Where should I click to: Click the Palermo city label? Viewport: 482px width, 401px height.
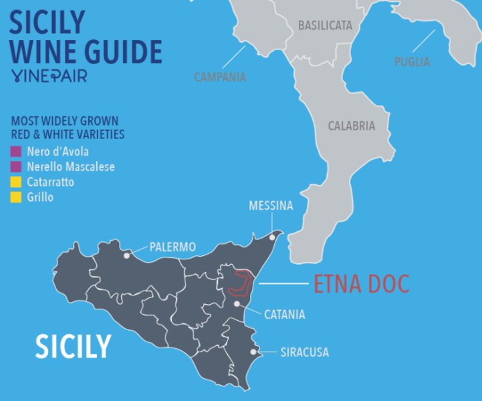click(172, 247)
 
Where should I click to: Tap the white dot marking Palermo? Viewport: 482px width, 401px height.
click(127, 255)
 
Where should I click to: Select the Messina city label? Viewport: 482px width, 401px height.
click(271, 205)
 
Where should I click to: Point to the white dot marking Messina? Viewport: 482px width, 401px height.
click(272, 236)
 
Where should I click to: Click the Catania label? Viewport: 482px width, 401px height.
click(285, 314)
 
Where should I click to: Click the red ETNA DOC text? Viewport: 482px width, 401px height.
click(361, 284)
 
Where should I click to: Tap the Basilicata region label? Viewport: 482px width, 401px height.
click(325, 25)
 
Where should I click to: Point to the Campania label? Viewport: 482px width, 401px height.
click(220, 77)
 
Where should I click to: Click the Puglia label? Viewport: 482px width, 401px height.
click(412, 61)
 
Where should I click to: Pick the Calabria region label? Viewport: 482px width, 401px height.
click(351, 126)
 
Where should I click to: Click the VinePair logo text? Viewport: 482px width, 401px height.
click(49, 76)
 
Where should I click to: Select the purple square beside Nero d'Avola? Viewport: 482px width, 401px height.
click(15, 152)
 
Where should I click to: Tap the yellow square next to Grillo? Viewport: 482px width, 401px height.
click(15, 197)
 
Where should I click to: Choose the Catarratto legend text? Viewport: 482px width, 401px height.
click(51, 182)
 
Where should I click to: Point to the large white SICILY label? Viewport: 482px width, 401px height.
click(73, 346)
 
